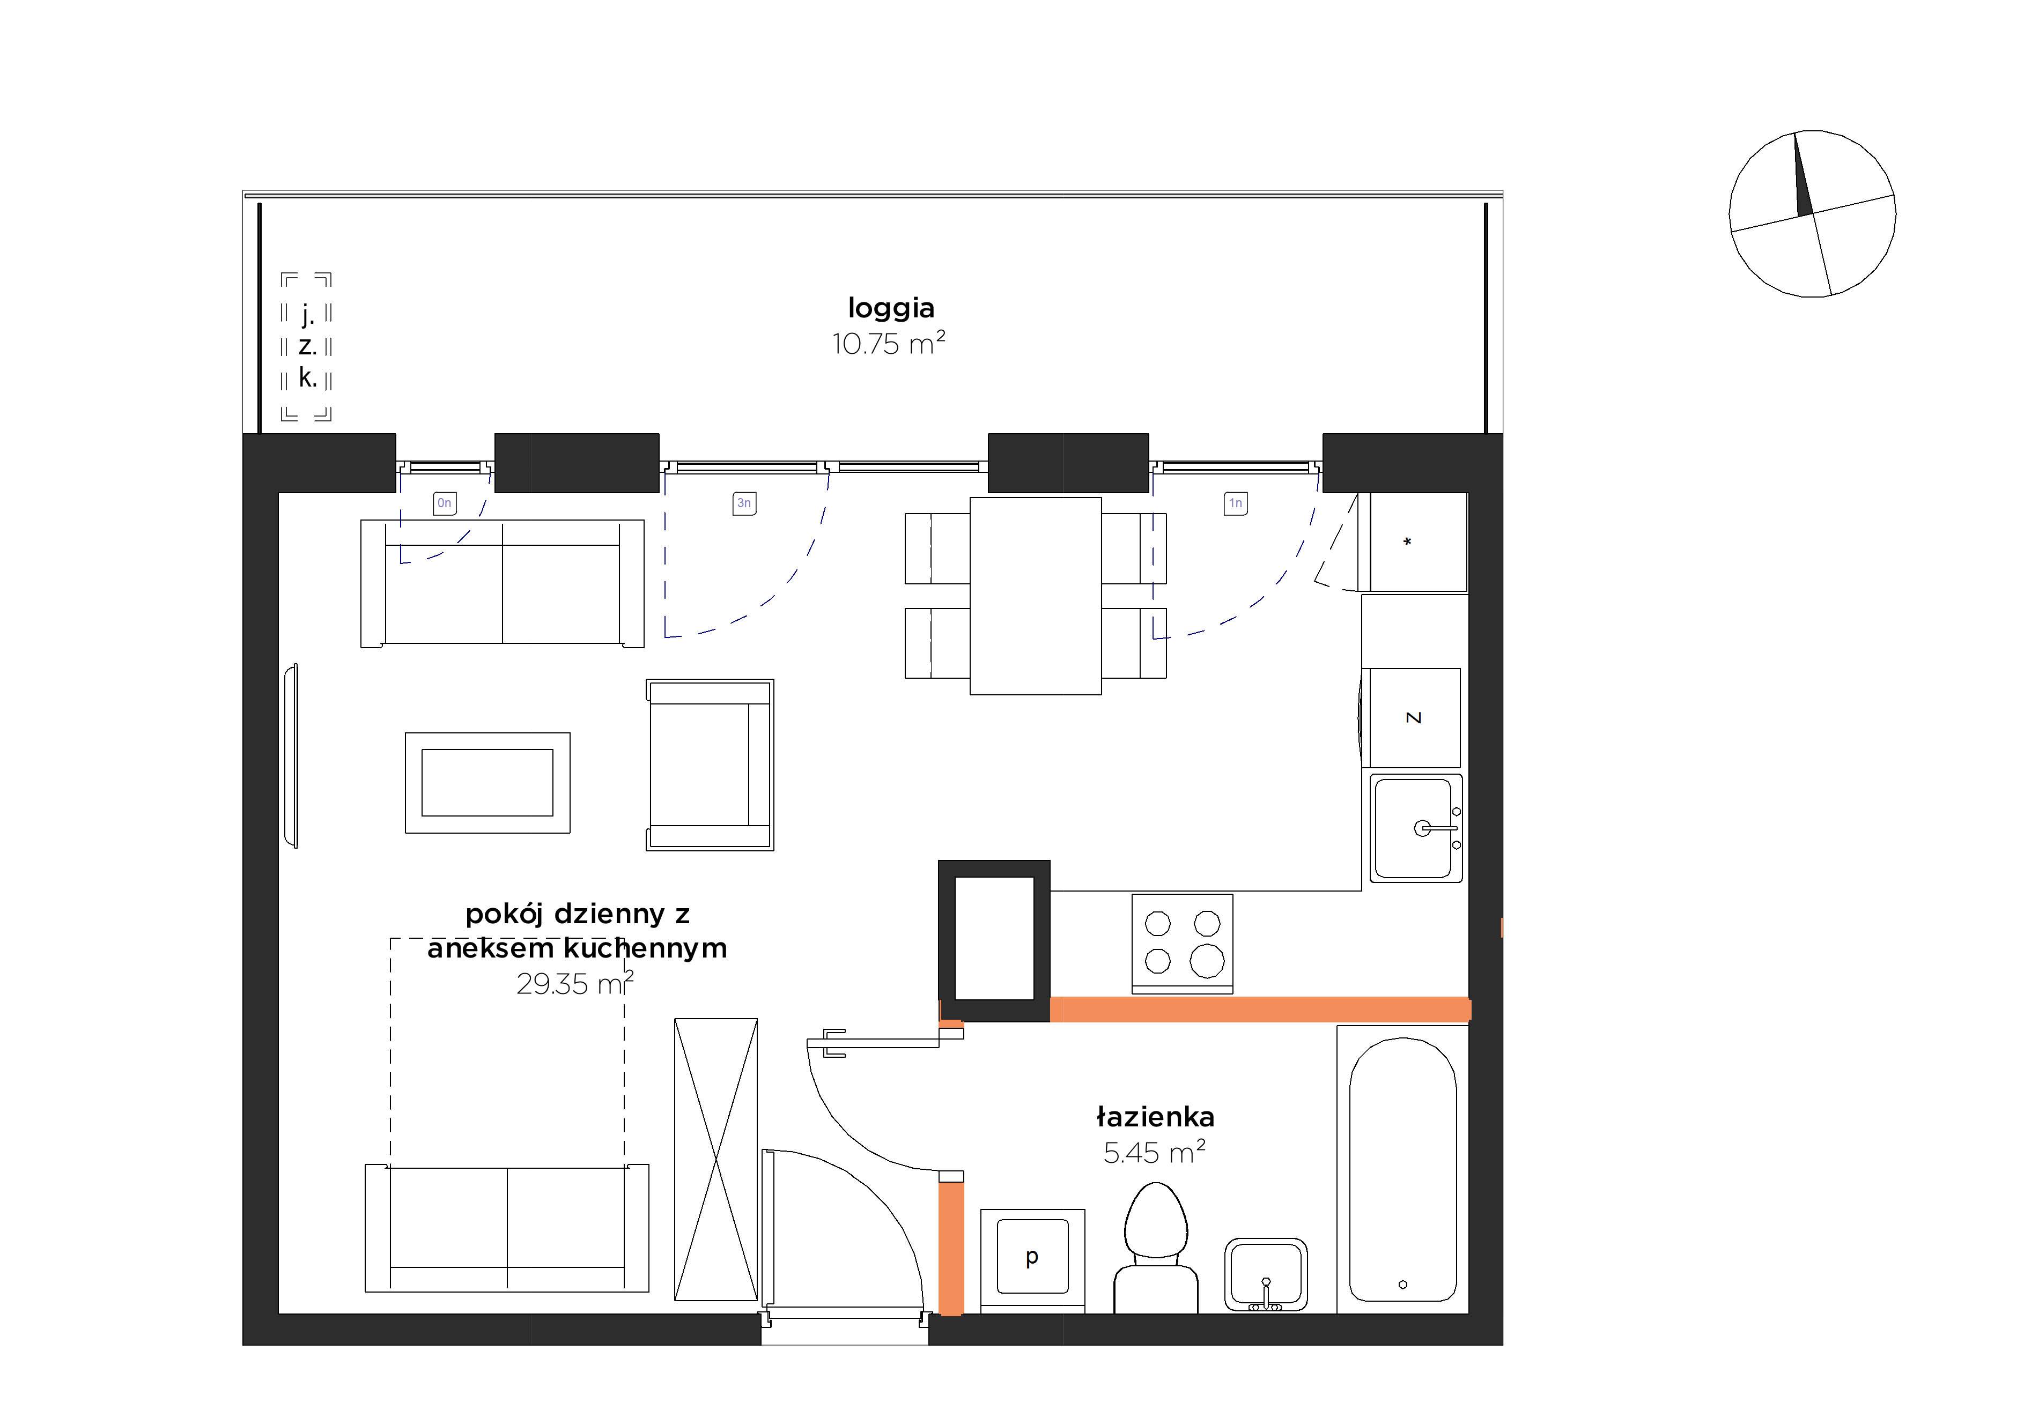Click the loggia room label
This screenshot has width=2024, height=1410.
[x=890, y=308]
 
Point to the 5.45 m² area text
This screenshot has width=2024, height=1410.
[x=1154, y=1152]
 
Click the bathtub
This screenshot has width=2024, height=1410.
[x=1402, y=1169]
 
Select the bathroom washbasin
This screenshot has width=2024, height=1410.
[x=1266, y=1275]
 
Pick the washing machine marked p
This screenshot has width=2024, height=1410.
[x=1032, y=1261]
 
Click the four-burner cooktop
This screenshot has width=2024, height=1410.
[x=1182, y=944]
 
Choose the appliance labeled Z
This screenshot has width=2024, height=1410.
[x=1412, y=717]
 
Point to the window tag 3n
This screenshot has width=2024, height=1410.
[x=744, y=503]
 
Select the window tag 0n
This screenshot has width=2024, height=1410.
[x=444, y=503]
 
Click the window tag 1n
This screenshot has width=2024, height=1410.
[x=1236, y=503]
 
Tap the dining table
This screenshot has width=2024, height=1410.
[x=1036, y=596]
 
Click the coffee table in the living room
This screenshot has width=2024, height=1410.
[x=487, y=783]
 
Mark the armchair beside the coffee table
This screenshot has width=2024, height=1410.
[x=710, y=765]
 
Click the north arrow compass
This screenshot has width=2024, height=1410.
[x=1813, y=214]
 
